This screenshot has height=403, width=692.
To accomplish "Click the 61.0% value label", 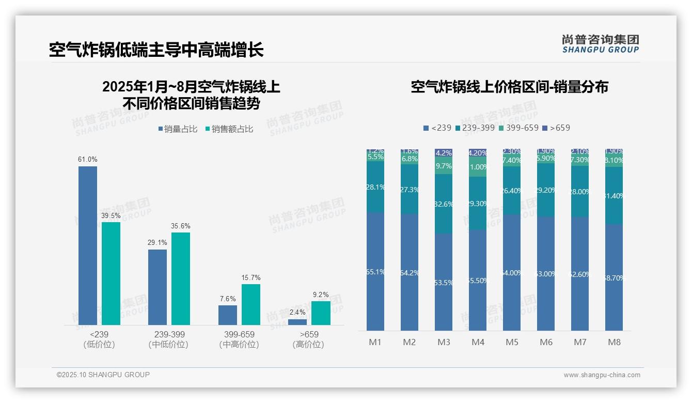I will coord(88,160).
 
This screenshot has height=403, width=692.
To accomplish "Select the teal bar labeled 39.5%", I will coord(111,274).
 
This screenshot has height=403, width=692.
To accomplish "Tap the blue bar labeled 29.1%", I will coord(158,287).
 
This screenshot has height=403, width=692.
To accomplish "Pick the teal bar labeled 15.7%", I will coord(250,304).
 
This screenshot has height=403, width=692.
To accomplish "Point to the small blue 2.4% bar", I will coord(297,322).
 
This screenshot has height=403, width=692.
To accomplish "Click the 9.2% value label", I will coord(321,295).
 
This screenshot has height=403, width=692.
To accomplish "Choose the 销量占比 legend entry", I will coord(178,129).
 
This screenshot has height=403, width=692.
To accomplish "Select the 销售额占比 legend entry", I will coord(229,129).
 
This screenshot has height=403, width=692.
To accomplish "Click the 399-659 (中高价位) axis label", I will coord(239,339).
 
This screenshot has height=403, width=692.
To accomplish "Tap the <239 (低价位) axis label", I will coord(99,339).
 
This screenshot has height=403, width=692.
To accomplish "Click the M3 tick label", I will coord(444,342).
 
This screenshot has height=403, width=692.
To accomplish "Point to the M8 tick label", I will coord(614,342).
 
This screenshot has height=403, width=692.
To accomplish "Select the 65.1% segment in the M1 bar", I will coord(375,271).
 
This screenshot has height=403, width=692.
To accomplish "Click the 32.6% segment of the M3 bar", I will coord(444,204).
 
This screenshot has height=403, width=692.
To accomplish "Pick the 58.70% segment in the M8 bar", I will coord(614,277).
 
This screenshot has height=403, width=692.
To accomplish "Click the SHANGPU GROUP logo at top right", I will coord(600,44).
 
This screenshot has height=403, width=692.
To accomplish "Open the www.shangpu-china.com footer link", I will coord(602,375).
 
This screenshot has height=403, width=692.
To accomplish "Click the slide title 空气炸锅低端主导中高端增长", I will coord(156,50).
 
